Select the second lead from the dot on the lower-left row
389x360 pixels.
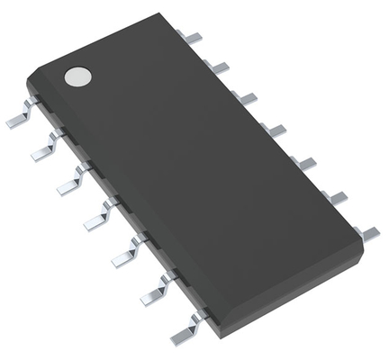click(45, 149)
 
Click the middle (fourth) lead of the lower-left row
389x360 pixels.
click(97, 216)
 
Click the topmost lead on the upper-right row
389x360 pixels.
click(192, 38)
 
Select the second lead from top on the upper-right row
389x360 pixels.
click(220, 67)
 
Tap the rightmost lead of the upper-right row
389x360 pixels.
click(369, 233)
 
